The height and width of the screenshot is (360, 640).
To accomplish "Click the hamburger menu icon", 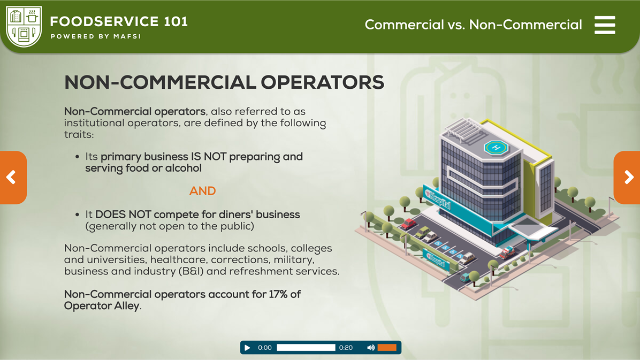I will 605,25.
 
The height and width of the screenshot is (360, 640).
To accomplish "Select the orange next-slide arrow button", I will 628,177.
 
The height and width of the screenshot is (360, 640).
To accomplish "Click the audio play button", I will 247,348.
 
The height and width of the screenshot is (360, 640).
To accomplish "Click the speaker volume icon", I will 371,348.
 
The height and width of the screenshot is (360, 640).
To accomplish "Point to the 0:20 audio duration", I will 346,348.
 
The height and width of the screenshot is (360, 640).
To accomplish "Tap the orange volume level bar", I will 387,348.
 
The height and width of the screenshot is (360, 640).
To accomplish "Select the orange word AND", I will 202,191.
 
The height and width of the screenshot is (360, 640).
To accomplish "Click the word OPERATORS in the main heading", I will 322,82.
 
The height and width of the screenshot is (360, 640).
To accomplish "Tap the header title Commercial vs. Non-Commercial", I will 473,25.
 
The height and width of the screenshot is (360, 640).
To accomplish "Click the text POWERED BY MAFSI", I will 96,36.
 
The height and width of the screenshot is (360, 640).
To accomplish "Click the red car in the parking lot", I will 408,224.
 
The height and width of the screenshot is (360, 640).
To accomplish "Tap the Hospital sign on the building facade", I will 437,198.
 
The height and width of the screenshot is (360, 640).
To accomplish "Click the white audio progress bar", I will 306,348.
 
